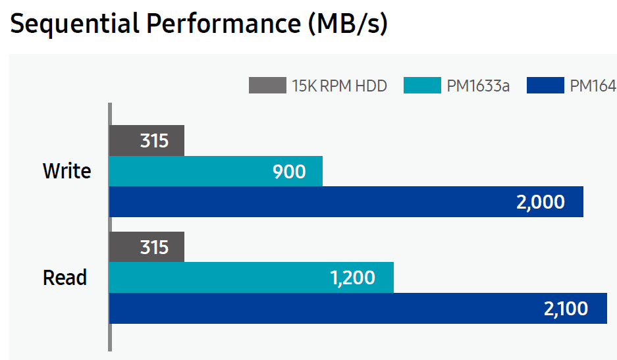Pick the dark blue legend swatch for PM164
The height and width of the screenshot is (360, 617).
pos(545,86)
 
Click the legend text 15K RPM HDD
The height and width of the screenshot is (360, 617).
pos(339,86)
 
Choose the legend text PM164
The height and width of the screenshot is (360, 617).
pos(593,86)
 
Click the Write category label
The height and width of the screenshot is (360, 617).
pos(67,171)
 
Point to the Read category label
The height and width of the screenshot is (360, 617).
pos(65,278)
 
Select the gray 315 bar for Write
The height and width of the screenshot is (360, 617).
pos(147,141)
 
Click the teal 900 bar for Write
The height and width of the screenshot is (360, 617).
pos(215,171)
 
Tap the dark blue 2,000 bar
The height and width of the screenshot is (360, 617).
pos(346,201)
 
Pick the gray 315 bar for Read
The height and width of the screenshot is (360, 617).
pos(147,247)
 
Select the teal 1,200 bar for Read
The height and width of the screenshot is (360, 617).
pos(251,278)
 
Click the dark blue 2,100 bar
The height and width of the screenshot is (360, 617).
pos(358,308)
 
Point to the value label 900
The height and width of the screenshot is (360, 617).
pos(290,172)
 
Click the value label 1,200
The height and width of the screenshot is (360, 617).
pos(352,278)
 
